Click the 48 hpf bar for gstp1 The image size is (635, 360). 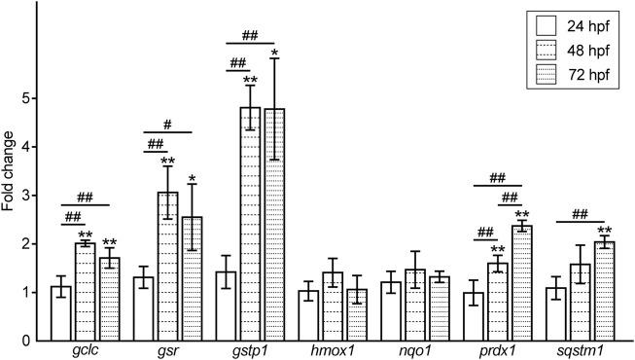click(x=251, y=224)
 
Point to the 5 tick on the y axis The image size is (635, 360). click(x=32, y=98)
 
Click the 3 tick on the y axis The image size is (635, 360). click(x=32, y=196)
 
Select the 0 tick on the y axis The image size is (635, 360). click(x=32, y=342)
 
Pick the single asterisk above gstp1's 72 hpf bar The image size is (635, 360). click(x=275, y=54)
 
